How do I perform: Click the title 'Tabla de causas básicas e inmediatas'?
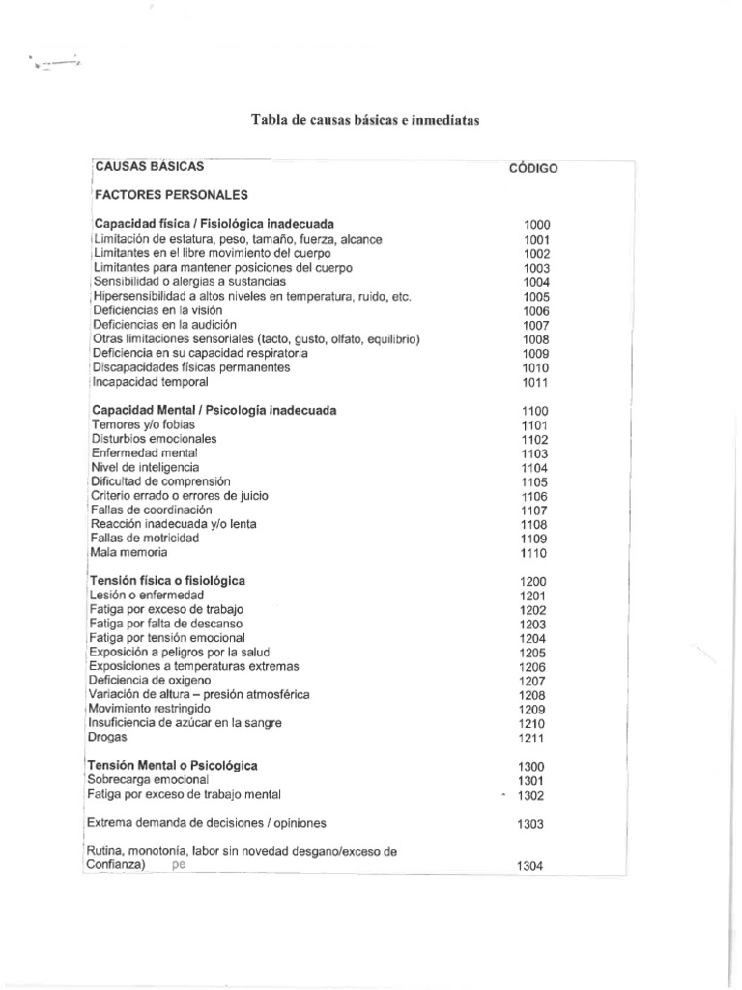click(365, 120)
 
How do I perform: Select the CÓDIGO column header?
click(533, 168)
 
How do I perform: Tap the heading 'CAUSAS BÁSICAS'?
click(149, 166)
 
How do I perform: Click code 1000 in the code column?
click(536, 225)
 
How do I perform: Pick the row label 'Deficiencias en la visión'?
click(151, 310)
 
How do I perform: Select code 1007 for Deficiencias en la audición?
click(536, 325)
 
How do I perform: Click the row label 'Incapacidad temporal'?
click(150, 382)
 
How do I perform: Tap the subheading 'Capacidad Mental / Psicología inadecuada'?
click(214, 410)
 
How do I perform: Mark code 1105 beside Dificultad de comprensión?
click(534, 482)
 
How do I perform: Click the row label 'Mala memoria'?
click(128, 552)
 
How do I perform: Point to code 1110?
click(533, 554)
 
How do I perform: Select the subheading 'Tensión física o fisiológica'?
click(168, 580)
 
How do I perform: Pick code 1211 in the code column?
click(532, 740)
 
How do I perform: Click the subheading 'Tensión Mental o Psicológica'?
click(174, 765)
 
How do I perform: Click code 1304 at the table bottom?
click(530, 866)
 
